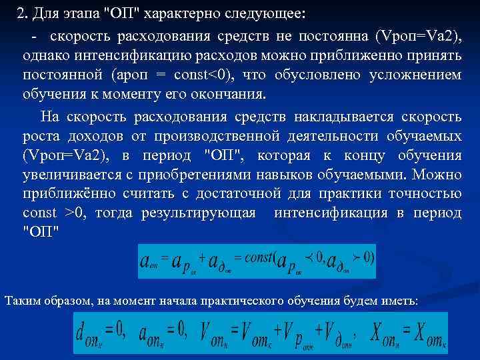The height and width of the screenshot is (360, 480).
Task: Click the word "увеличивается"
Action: coord(69,175)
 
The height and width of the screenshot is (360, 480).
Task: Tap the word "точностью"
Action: coord(424,195)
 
